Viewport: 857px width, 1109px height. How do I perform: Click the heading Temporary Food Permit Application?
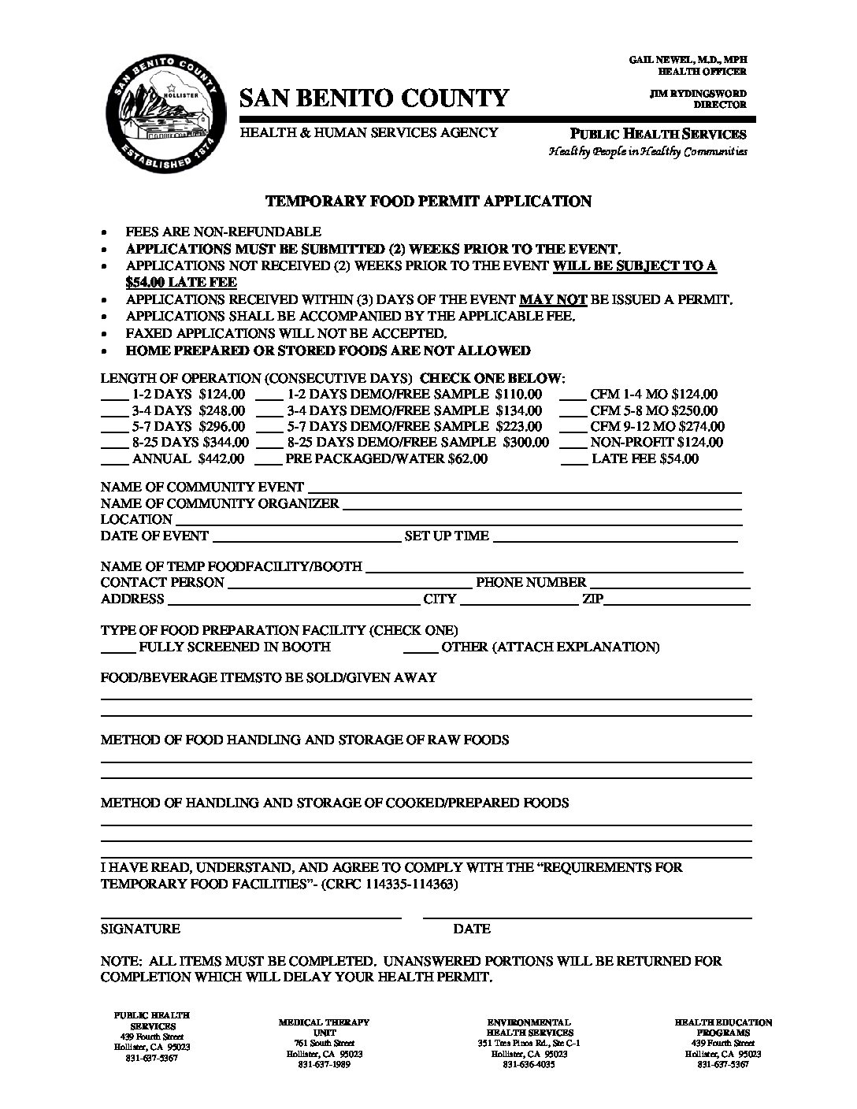pos(428,202)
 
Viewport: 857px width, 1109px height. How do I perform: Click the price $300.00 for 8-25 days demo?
pos(525,443)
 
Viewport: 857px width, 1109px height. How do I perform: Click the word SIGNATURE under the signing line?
pos(140,929)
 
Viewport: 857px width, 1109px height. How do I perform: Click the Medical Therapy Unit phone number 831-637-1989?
pos(324,1065)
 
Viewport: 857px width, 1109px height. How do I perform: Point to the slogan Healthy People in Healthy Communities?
pos(647,152)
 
